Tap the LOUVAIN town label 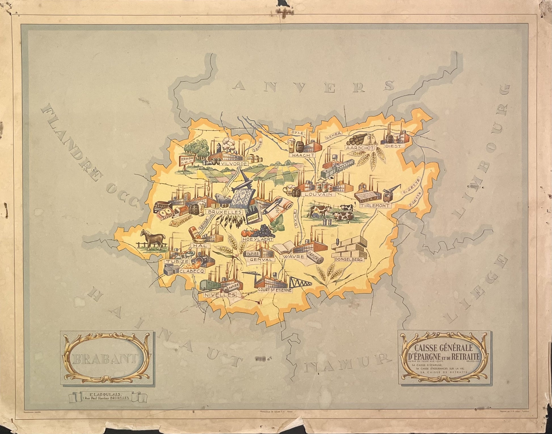click(x=319, y=195)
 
